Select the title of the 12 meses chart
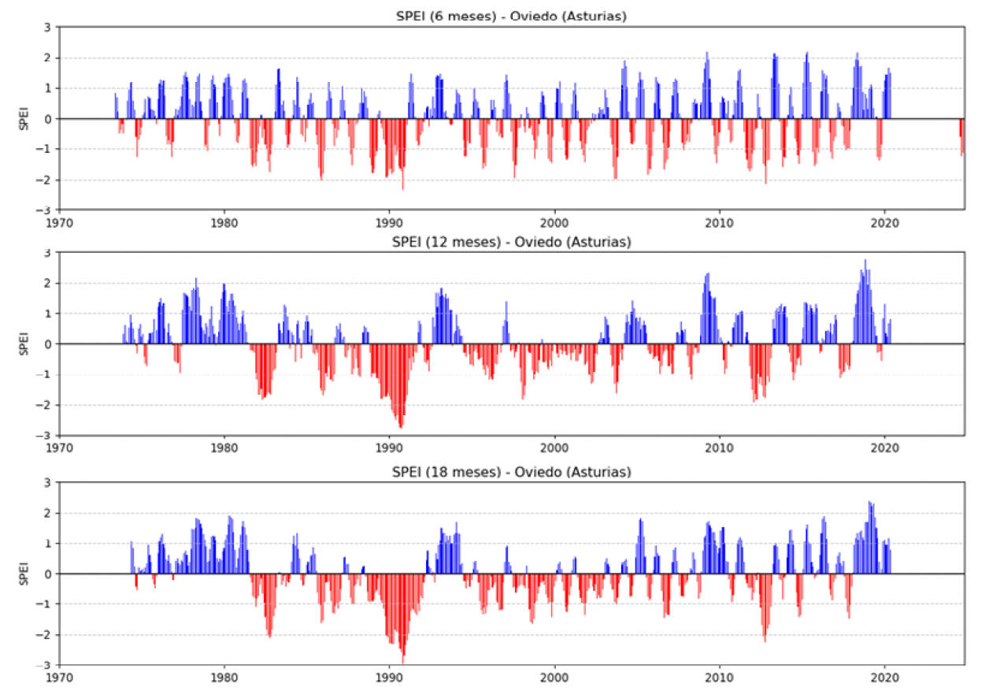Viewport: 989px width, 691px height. [511, 242]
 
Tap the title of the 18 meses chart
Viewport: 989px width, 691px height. [511, 472]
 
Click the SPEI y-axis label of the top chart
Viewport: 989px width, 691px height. [25, 119]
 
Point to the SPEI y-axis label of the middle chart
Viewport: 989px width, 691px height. [25, 344]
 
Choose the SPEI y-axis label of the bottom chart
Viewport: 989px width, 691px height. [25, 574]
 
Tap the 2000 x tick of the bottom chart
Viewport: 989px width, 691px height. [554, 675]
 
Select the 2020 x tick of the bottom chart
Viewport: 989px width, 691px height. [884, 675]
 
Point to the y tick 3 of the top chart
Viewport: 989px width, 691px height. [49, 27]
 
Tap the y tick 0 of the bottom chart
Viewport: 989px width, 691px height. [49, 574]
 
